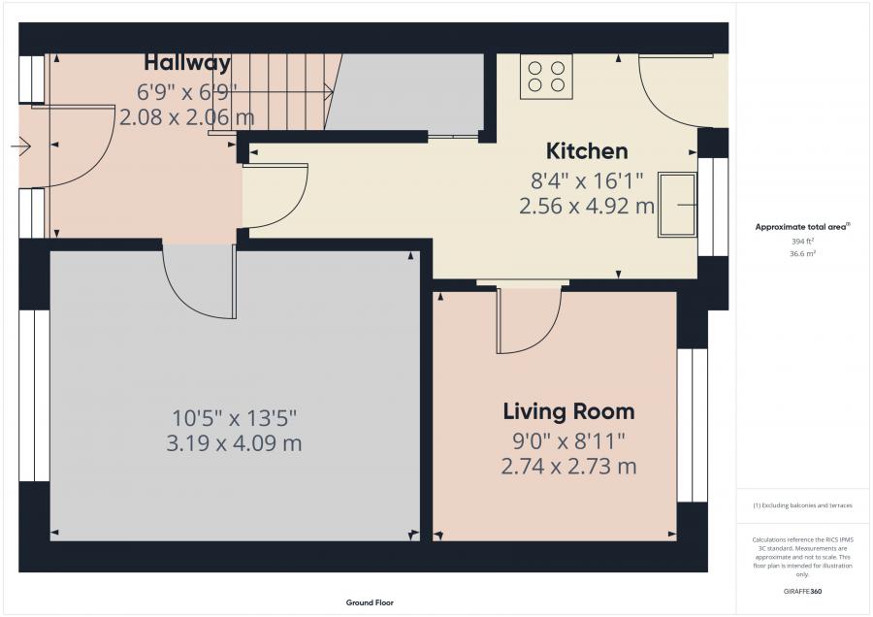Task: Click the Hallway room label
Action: (x=187, y=62)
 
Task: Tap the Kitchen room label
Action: (x=587, y=151)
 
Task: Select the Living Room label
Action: (x=569, y=411)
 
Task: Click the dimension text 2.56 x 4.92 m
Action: (x=587, y=206)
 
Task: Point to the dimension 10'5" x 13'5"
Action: (x=235, y=418)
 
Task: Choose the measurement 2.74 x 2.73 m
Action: (x=568, y=466)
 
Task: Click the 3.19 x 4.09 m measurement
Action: (x=235, y=443)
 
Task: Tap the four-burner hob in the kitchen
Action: (x=546, y=77)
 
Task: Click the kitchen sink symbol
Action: (x=678, y=205)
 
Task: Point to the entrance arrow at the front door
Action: (x=20, y=146)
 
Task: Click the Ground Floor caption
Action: (x=370, y=602)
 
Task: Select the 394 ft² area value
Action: (x=802, y=242)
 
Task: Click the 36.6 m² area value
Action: (x=802, y=253)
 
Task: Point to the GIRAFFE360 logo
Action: (x=802, y=592)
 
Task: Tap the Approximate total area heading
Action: (x=802, y=227)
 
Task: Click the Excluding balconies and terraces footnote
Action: (x=802, y=505)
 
